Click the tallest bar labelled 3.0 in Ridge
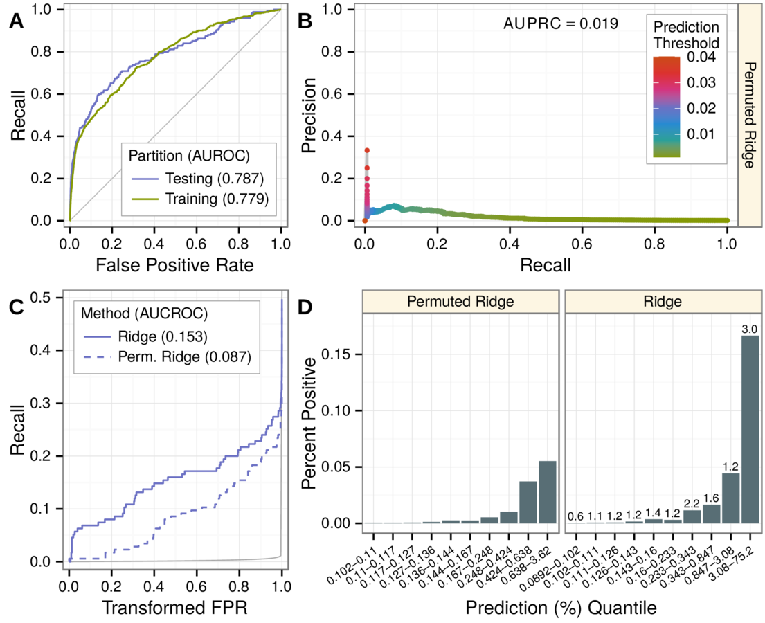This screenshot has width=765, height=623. point(750,429)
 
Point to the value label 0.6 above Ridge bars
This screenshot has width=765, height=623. point(575,516)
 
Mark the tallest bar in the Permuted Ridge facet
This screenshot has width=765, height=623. point(547,492)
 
